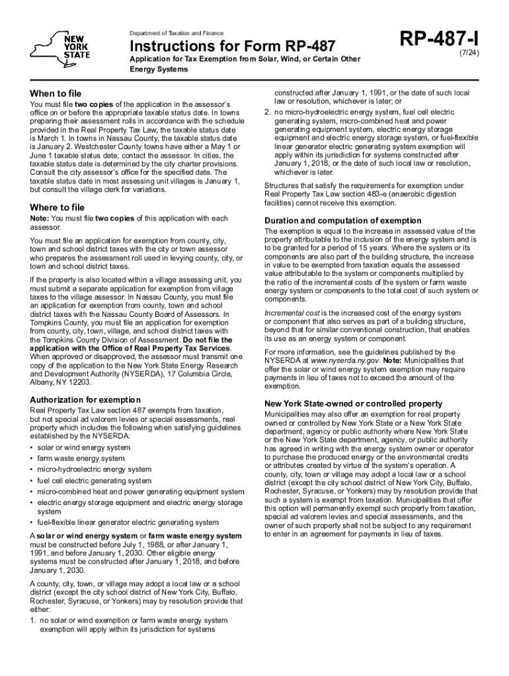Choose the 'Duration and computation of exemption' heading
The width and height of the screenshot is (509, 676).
click(x=342, y=220)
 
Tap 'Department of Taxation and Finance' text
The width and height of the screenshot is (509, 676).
click(x=176, y=33)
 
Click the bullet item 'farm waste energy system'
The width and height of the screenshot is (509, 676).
click(x=81, y=458)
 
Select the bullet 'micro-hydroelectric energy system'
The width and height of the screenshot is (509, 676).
click(x=95, y=469)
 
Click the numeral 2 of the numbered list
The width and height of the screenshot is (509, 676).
click(x=266, y=112)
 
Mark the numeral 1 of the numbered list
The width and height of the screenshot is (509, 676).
click(x=32, y=621)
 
